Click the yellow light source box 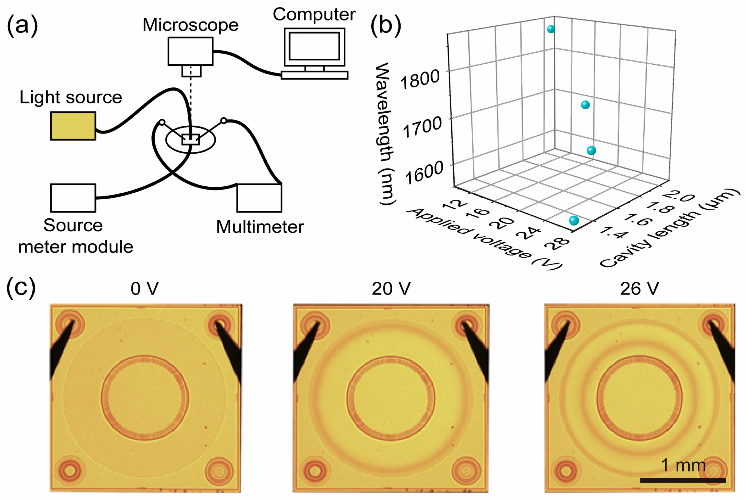73,126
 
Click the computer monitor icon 314,47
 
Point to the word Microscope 190,25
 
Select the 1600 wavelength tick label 424,172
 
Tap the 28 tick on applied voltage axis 557,244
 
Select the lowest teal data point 574,221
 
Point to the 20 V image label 391,289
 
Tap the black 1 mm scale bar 683,480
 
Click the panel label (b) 386,25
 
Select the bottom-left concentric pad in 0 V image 70,470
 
